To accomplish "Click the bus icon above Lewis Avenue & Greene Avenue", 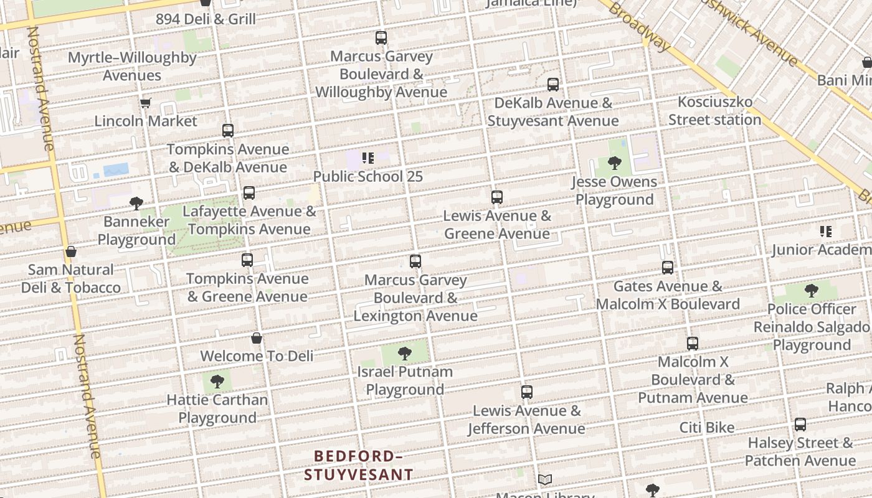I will click(496, 197).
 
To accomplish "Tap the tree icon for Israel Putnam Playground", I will click(404, 354).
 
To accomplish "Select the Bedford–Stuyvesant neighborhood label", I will click(358, 465).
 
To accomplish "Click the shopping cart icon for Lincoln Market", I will click(145, 103).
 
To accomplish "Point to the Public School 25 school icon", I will click(367, 158).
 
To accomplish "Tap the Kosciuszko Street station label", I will click(714, 110).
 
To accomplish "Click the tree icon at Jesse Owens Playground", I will click(615, 163).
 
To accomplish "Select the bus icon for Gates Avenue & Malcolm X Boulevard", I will click(668, 268).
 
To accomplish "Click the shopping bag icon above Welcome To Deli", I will click(256, 338).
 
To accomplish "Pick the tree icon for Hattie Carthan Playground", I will click(217, 382).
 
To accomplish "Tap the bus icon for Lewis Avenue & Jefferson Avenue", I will click(526, 392).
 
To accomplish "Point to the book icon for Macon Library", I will click(545, 479).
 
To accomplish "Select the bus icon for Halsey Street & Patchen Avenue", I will click(800, 425).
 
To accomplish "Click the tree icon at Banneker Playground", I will click(136, 203).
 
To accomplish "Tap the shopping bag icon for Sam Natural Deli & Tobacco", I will click(71, 251).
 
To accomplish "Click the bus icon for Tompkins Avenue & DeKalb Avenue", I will click(228, 131).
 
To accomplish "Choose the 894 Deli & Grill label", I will click(206, 19).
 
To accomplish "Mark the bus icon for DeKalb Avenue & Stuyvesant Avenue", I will click(552, 85).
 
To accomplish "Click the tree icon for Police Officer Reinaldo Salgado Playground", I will click(811, 291).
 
